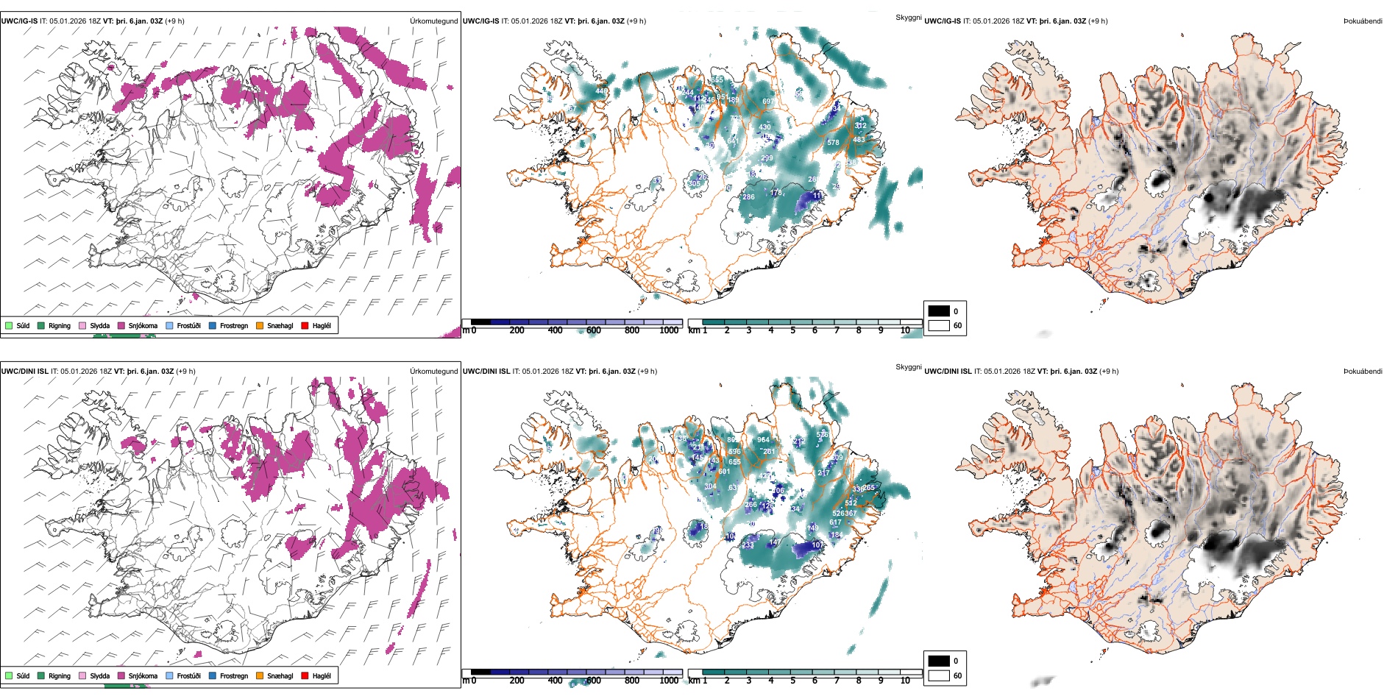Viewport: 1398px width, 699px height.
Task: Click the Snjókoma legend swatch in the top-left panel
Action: pyautogui.click(x=121, y=325)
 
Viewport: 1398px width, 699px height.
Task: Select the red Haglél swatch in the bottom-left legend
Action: pyautogui.click(x=305, y=675)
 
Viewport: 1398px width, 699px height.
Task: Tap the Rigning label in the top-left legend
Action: pyautogui.click(x=60, y=325)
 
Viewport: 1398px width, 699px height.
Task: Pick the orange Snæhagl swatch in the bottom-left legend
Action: pyautogui.click(x=260, y=675)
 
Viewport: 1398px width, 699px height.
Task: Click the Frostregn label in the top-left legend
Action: pyautogui.click(x=234, y=325)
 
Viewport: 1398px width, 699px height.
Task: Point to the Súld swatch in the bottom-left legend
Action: pyautogui.click(x=9, y=675)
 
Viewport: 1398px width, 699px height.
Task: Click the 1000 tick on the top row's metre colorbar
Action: pyautogui.click(x=669, y=330)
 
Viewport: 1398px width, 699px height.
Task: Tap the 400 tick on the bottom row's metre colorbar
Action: pyautogui.click(x=556, y=681)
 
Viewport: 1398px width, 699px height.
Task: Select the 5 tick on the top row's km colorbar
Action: pyautogui.click(x=793, y=330)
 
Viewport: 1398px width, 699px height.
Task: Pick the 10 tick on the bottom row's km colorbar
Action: pyautogui.click(x=905, y=681)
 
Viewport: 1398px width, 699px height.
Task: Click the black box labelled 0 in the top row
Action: pyautogui.click(x=939, y=311)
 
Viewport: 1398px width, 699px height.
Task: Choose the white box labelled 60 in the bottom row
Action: pyautogui.click(x=939, y=675)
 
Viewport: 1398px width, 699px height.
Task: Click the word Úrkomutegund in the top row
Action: pyautogui.click(x=433, y=21)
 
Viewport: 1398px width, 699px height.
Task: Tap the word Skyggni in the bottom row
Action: pyautogui.click(x=908, y=366)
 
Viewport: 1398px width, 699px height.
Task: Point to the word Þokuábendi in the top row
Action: pyautogui.click(x=1363, y=21)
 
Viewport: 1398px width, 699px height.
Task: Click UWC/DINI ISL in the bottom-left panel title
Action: pyautogui.click(x=24, y=372)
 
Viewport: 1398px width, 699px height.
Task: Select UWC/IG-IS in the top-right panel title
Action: pyautogui.click(x=943, y=21)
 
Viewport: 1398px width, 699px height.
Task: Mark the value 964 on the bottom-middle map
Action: pyautogui.click(x=764, y=440)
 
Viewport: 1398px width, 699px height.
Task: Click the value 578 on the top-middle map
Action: pyautogui.click(x=833, y=143)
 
